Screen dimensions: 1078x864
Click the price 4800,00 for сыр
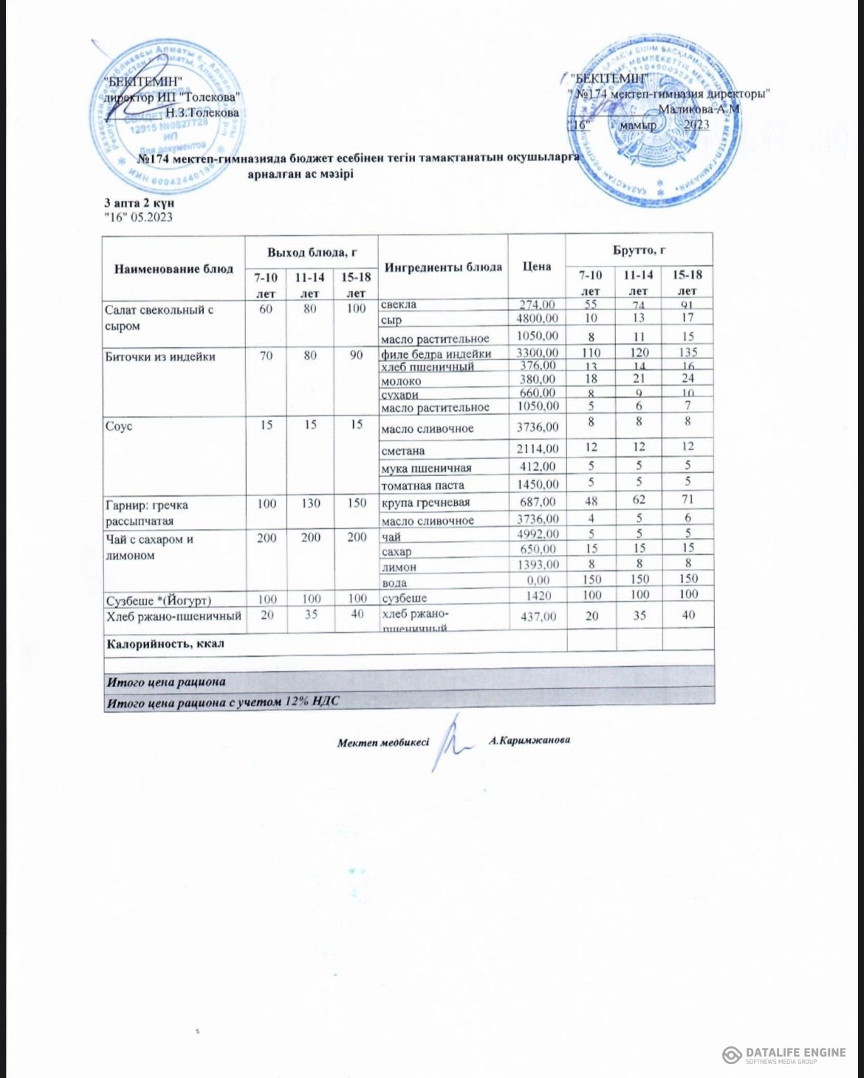coord(537,319)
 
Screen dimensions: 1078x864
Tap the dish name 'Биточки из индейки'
coord(160,357)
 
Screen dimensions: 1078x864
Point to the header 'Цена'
coord(537,266)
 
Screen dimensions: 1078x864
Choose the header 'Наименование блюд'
coord(174,269)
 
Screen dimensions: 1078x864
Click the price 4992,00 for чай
coord(538,534)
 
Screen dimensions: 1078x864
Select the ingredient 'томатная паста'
coord(422,485)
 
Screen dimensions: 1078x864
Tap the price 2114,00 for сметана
coord(538,449)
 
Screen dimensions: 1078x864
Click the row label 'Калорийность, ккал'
coord(165,643)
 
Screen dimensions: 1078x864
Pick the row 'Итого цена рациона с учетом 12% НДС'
coord(222,702)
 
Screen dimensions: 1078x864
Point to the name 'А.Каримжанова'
coord(529,739)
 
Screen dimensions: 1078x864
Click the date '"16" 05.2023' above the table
coord(138,217)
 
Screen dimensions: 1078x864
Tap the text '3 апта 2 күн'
coord(139,202)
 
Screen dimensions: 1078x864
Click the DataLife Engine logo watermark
coord(784,1054)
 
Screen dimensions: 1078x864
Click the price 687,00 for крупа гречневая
coord(537,502)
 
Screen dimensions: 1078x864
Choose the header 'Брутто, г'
coord(639,251)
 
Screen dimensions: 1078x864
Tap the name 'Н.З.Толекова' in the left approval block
coord(202,113)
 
